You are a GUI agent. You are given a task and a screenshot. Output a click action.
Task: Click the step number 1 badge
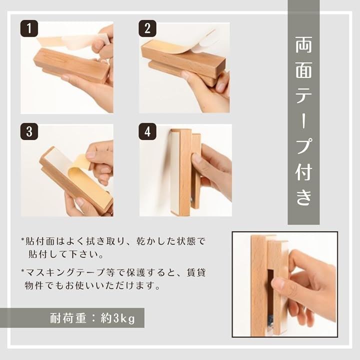[29, 28]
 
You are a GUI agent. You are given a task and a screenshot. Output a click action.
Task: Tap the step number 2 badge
[147, 28]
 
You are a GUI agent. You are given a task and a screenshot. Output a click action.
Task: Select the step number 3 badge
[29, 132]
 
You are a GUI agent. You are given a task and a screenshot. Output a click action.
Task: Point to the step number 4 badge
[147, 132]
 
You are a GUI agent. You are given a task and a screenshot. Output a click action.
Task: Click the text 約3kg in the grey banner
[118, 318]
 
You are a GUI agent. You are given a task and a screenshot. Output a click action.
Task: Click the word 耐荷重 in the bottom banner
[68, 318]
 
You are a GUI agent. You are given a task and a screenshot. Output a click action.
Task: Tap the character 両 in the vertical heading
[303, 44]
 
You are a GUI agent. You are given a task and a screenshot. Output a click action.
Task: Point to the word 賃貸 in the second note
[196, 272]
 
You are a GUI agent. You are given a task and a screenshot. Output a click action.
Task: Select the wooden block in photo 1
[71, 65]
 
